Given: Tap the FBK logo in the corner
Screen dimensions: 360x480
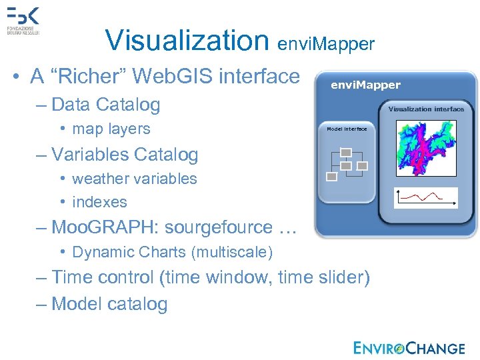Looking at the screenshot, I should pyautogui.click(x=24, y=21).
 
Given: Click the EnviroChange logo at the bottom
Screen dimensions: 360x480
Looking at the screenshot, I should pyautogui.click(x=409, y=347).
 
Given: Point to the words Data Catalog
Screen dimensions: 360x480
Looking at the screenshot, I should pyautogui.click(x=106, y=104).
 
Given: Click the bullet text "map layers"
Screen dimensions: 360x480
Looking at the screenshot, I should pyautogui.click(x=111, y=129).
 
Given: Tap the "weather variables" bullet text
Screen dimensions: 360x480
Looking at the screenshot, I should pyautogui.click(x=135, y=179).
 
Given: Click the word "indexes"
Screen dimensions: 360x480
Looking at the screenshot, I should pyautogui.click(x=99, y=201).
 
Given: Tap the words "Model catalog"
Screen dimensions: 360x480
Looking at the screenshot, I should pyautogui.click(x=109, y=304).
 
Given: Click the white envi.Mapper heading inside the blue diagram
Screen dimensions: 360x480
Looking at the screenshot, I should pyautogui.click(x=366, y=85).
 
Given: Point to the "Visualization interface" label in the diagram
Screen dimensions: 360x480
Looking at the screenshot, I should pyautogui.click(x=426, y=109).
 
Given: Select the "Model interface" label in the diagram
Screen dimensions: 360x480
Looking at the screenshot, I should pyautogui.click(x=347, y=129).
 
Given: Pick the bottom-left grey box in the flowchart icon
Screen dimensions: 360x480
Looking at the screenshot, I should pyautogui.click(x=331, y=176).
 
